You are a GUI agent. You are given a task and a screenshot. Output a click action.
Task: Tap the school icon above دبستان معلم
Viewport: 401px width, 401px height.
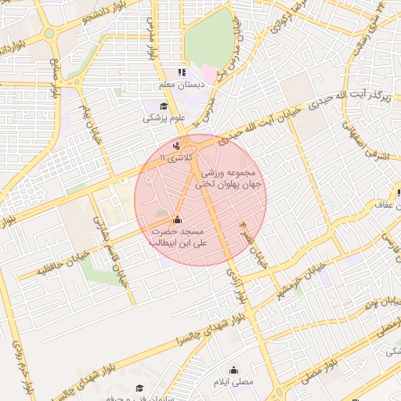[x=182, y=72]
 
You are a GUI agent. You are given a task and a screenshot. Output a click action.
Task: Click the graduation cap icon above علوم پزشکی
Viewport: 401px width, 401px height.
[x=164, y=107]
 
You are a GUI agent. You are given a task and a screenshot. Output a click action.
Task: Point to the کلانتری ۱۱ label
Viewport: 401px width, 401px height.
[x=174, y=157]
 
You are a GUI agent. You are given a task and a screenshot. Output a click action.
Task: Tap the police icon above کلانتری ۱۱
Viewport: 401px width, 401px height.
[x=176, y=145]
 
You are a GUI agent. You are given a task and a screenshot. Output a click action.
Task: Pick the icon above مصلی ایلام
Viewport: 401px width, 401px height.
[x=233, y=370]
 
